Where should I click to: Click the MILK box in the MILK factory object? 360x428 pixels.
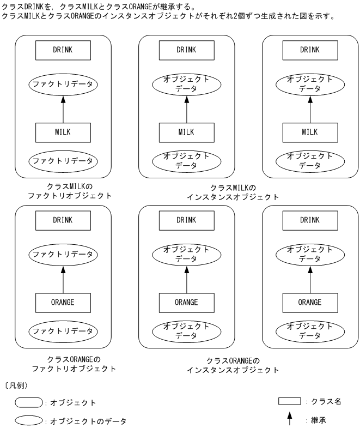(63, 131)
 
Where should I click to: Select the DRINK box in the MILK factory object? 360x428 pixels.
(63, 50)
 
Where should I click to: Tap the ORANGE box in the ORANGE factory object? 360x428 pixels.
(63, 302)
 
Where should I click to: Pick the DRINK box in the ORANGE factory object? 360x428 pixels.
(63, 220)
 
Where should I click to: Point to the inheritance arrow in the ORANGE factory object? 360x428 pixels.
(63, 278)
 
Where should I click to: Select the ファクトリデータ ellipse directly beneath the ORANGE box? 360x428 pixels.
(63, 330)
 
